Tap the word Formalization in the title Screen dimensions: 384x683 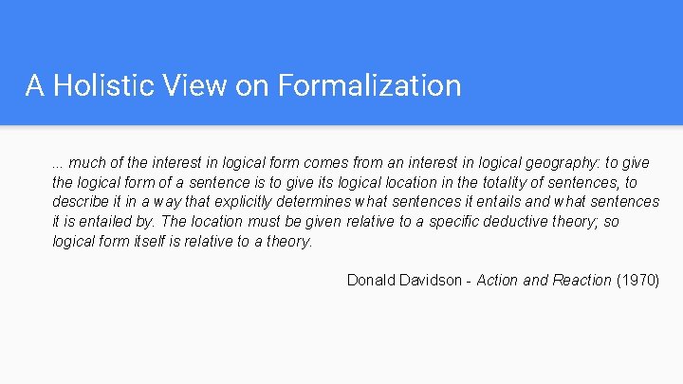click(368, 86)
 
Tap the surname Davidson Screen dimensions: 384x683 click(435, 280)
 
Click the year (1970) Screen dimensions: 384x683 click(637, 280)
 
